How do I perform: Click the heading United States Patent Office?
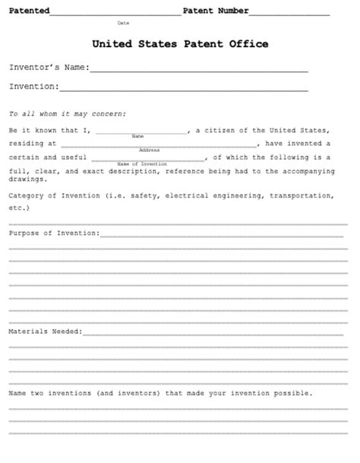(x=180, y=44)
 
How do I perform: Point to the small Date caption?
(x=123, y=24)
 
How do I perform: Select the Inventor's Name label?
(x=49, y=68)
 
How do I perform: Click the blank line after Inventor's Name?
(x=198, y=70)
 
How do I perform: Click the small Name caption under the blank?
(x=137, y=136)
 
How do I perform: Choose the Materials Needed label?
(x=45, y=331)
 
